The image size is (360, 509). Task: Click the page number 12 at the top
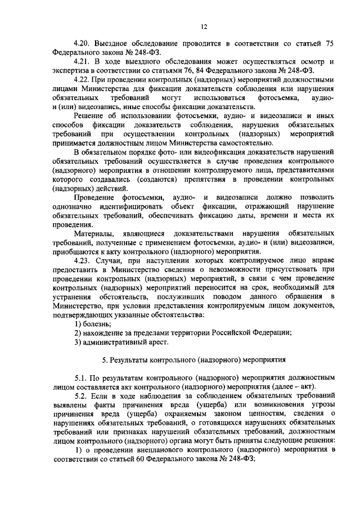pyautogui.click(x=181, y=26)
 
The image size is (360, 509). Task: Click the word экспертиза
pyautogui.click(x=70, y=70)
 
